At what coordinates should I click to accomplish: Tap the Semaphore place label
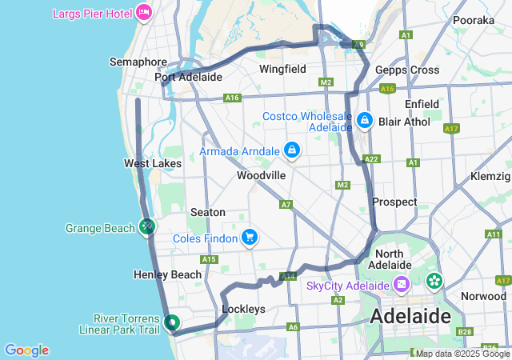coord(138,62)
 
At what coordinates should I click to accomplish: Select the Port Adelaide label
coord(188,78)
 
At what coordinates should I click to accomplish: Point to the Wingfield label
coord(282,69)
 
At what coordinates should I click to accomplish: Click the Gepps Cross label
coord(407,70)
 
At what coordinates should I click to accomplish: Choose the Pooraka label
coord(474,20)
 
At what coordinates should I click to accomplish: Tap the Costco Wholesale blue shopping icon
coord(365,120)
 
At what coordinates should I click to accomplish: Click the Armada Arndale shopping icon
coord(291,150)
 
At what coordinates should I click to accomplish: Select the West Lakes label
coord(152,163)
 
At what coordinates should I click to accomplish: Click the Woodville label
coord(261,175)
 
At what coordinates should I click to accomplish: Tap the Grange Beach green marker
coord(147,227)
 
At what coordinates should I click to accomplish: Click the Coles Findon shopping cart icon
coord(250,237)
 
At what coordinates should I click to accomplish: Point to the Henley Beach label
coord(167,274)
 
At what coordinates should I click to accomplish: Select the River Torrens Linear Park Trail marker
coord(171,323)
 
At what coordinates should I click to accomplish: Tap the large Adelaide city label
coord(410,316)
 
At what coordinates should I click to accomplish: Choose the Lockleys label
coord(243,309)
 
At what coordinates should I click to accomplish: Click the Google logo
coord(26,350)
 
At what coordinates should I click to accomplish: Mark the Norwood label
coord(483,296)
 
